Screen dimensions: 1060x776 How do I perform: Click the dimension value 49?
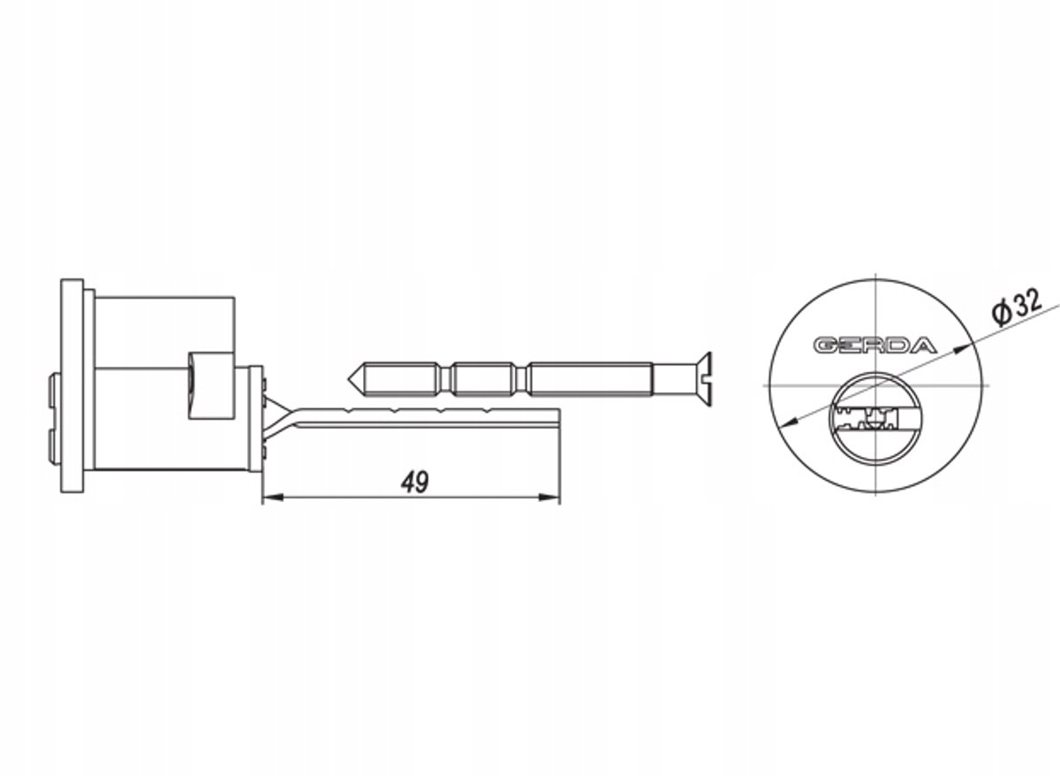pyautogui.click(x=415, y=482)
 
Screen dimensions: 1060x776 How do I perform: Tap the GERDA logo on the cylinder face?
pyautogui.click(x=875, y=346)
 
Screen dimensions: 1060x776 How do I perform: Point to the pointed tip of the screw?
pyautogui.click(x=349, y=379)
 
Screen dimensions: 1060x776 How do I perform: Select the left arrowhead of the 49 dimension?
pyautogui.click(x=273, y=497)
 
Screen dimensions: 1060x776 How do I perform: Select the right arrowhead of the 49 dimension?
pyautogui.click(x=549, y=497)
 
